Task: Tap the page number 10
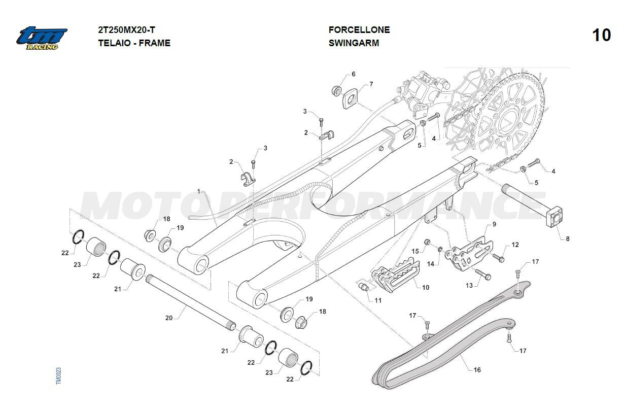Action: click(601, 36)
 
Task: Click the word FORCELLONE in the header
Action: click(359, 30)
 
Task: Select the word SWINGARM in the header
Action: click(354, 43)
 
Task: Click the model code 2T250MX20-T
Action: click(126, 30)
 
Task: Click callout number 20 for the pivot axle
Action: click(169, 318)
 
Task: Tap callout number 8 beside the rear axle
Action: click(568, 238)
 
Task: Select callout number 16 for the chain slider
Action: click(477, 370)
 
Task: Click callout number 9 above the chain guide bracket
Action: click(494, 224)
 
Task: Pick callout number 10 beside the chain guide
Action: click(426, 287)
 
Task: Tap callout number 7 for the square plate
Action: click(371, 84)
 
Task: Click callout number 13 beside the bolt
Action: click(469, 286)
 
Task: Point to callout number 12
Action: click(515, 245)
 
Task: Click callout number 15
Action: click(415, 251)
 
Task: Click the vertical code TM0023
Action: click(58, 375)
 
